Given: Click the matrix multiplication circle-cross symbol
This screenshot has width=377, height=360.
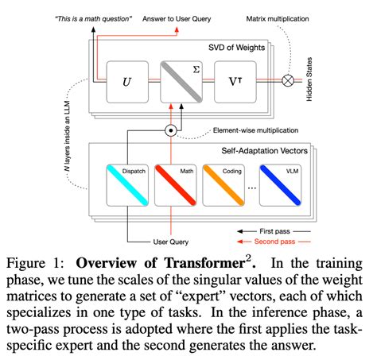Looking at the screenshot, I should point(309,81).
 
